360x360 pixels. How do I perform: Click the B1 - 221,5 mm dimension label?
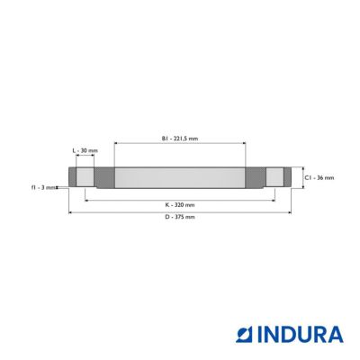(x=180, y=139)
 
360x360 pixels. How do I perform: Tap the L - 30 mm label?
(x=85, y=150)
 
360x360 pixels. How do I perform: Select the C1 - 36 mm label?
(x=319, y=178)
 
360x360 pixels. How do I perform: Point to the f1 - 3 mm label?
(x=43, y=188)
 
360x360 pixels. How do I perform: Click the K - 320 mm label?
(x=180, y=205)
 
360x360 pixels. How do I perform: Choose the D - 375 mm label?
(x=180, y=217)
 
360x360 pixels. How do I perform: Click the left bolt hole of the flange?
(x=85, y=177)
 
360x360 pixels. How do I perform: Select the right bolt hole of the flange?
(x=274, y=177)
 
